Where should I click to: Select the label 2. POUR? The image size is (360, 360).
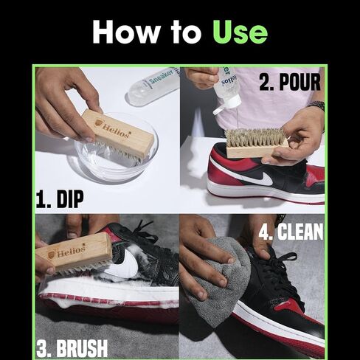click(289, 82)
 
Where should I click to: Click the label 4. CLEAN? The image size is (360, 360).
click(291, 232)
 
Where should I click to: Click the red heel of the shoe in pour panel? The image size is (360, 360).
click(314, 177)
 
